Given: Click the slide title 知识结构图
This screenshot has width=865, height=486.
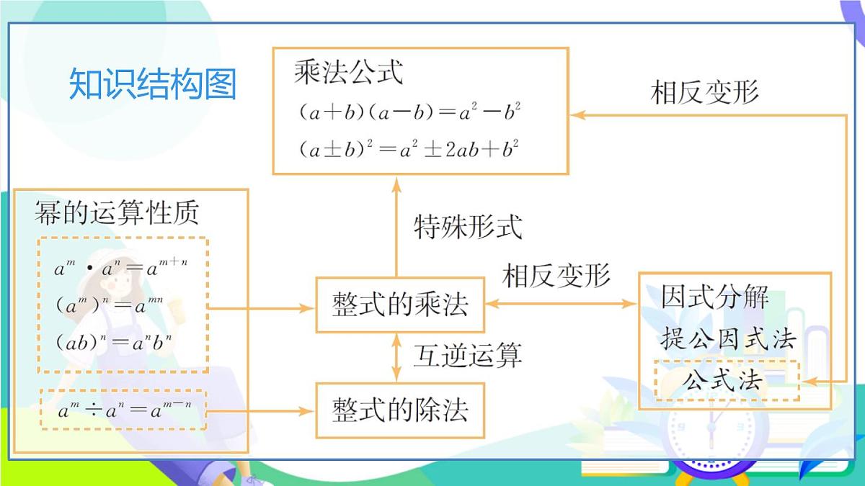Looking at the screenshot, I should [153, 84].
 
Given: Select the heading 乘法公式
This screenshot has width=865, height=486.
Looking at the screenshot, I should [348, 73].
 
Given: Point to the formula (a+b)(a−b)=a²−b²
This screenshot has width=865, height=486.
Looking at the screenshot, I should [409, 113].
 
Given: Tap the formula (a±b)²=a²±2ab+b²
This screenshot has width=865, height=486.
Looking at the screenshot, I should [409, 150].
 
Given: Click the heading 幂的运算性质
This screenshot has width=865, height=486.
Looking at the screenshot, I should [116, 213].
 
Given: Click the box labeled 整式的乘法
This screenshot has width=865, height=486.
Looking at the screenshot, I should [400, 305].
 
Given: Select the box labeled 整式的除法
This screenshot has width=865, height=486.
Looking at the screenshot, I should [400, 410].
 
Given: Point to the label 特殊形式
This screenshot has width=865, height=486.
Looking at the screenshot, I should [467, 227].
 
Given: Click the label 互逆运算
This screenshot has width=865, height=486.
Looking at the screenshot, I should [467, 355].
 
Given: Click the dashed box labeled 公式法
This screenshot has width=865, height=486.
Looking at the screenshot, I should [727, 380].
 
